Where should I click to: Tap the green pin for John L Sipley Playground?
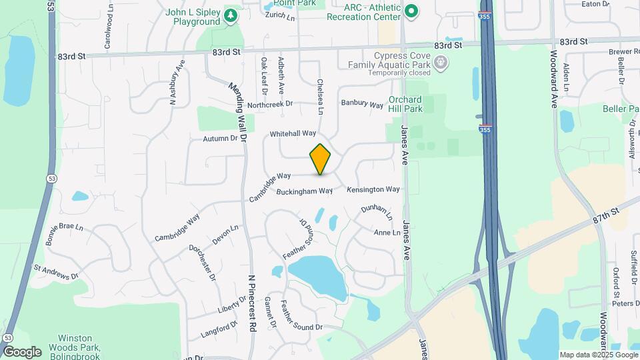[231, 15]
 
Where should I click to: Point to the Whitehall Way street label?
[293, 134]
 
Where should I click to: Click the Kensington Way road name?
[373, 189]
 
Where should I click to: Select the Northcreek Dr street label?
[269, 104]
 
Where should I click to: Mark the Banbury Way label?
[362, 104]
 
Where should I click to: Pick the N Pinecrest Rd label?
[252, 303]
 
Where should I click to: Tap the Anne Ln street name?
[387, 233]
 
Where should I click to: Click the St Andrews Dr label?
[56, 273]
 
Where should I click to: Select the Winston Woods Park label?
[79, 343]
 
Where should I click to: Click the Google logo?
[21, 351]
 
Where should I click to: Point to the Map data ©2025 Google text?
[599, 355]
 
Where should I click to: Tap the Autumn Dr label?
[220, 139]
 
